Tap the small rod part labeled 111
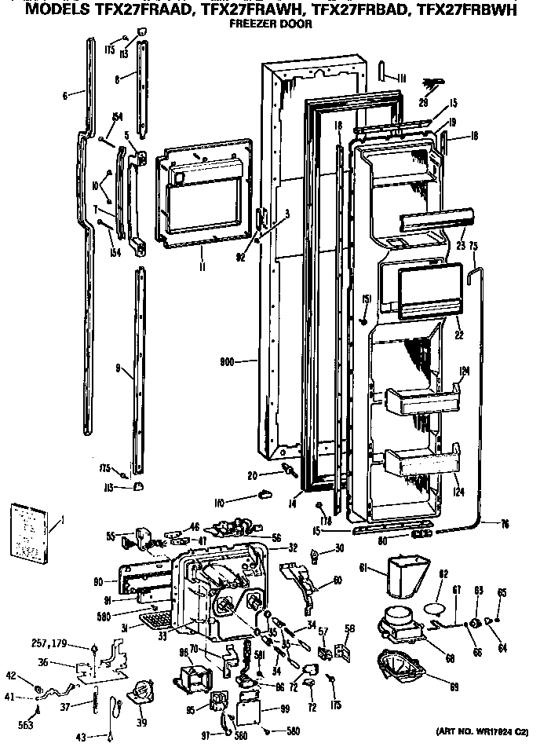pos(382,71)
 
